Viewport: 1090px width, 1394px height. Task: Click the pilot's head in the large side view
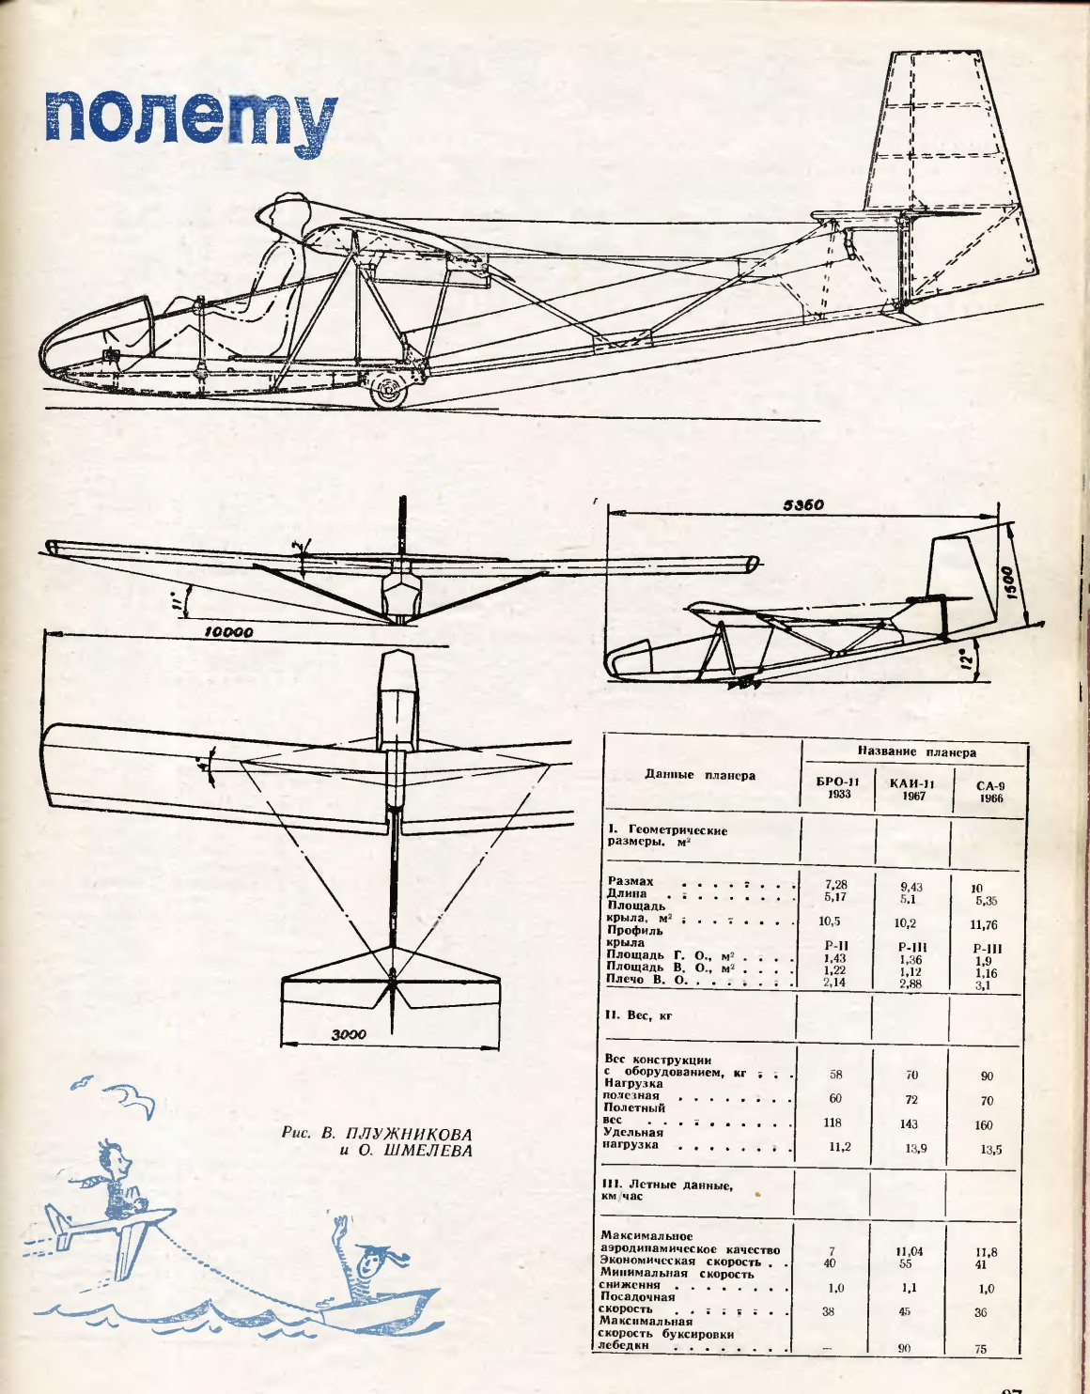pos(283,217)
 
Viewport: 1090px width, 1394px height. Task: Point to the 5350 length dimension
pos(803,504)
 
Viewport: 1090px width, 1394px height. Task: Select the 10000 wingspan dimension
pos(228,632)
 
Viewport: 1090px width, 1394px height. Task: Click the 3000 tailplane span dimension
pos(348,1034)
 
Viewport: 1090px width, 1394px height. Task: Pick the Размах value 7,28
pos(835,885)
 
